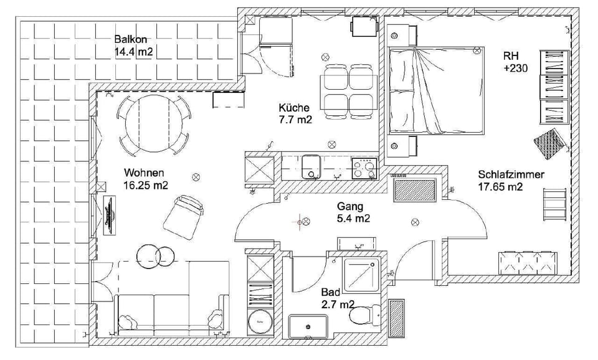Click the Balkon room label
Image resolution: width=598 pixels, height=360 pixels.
(x=130, y=39)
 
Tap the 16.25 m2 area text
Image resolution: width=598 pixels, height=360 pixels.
(x=146, y=186)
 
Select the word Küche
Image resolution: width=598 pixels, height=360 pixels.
(x=294, y=107)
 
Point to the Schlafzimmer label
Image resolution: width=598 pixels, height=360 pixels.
(x=511, y=174)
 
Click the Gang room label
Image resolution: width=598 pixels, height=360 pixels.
(x=350, y=206)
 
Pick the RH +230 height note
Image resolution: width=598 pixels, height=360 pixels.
(x=515, y=62)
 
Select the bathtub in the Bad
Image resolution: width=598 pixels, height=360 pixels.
(x=308, y=326)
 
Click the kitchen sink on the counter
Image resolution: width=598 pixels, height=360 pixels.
(x=311, y=166)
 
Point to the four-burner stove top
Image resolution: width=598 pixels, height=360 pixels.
(x=364, y=168)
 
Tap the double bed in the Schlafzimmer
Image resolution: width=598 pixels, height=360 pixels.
(x=436, y=90)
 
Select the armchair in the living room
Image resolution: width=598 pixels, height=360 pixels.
(x=184, y=217)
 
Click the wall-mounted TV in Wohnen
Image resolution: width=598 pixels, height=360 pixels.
(x=110, y=216)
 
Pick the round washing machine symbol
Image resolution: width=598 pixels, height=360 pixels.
(x=260, y=322)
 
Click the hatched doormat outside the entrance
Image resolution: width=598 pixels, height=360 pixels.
(x=396, y=318)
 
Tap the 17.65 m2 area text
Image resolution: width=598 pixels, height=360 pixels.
(x=500, y=187)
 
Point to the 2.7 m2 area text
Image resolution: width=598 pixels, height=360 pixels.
(x=338, y=305)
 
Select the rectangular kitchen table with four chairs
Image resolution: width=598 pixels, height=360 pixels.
(x=349, y=92)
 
